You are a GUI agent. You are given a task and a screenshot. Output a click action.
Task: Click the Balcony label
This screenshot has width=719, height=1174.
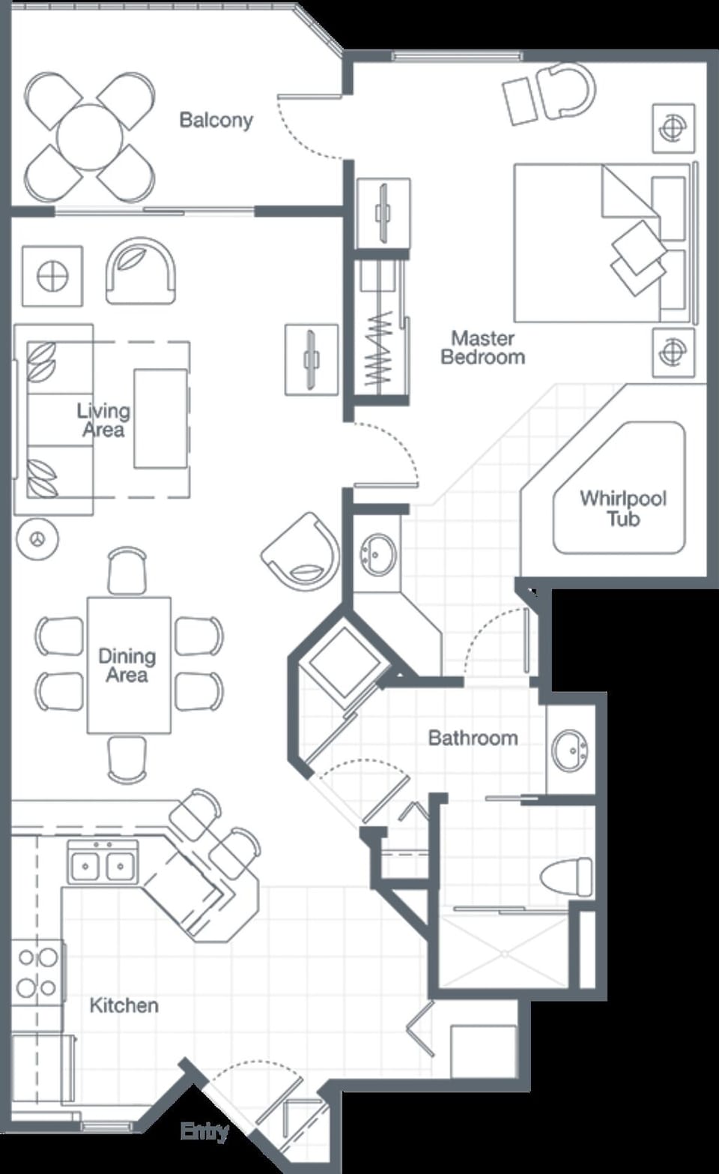point(216,120)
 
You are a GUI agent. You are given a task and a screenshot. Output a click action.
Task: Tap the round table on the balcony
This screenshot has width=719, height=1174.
point(90,137)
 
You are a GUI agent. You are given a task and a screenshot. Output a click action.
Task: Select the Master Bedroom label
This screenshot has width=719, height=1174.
point(482,348)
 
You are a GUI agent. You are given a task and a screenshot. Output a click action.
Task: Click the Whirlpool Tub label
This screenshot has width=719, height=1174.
point(622,508)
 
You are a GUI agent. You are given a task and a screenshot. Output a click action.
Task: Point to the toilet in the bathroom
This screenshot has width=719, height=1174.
point(566,876)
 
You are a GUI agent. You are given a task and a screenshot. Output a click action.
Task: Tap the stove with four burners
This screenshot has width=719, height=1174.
point(37,972)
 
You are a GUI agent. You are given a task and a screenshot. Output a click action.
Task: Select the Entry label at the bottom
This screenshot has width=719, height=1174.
point(204,1131)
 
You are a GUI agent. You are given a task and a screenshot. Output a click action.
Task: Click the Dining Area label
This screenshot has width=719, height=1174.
point(127,666)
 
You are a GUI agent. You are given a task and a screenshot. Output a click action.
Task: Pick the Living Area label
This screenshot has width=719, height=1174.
point(103,420)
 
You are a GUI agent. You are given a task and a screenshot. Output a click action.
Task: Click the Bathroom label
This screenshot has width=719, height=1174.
point(473,738)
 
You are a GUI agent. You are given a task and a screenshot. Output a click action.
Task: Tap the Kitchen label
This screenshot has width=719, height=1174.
point(124,1005)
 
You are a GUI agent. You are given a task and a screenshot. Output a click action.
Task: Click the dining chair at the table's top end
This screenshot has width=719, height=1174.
point(127,571)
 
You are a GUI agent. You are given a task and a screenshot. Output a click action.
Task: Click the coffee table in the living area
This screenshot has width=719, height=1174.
point(160,418)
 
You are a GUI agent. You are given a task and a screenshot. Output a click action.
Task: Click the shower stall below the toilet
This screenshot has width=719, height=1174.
point(504,951)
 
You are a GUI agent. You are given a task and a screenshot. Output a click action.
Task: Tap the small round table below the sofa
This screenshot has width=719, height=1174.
point(37,538)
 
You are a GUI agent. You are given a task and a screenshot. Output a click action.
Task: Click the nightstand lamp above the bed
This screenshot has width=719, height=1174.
point(673,128)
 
